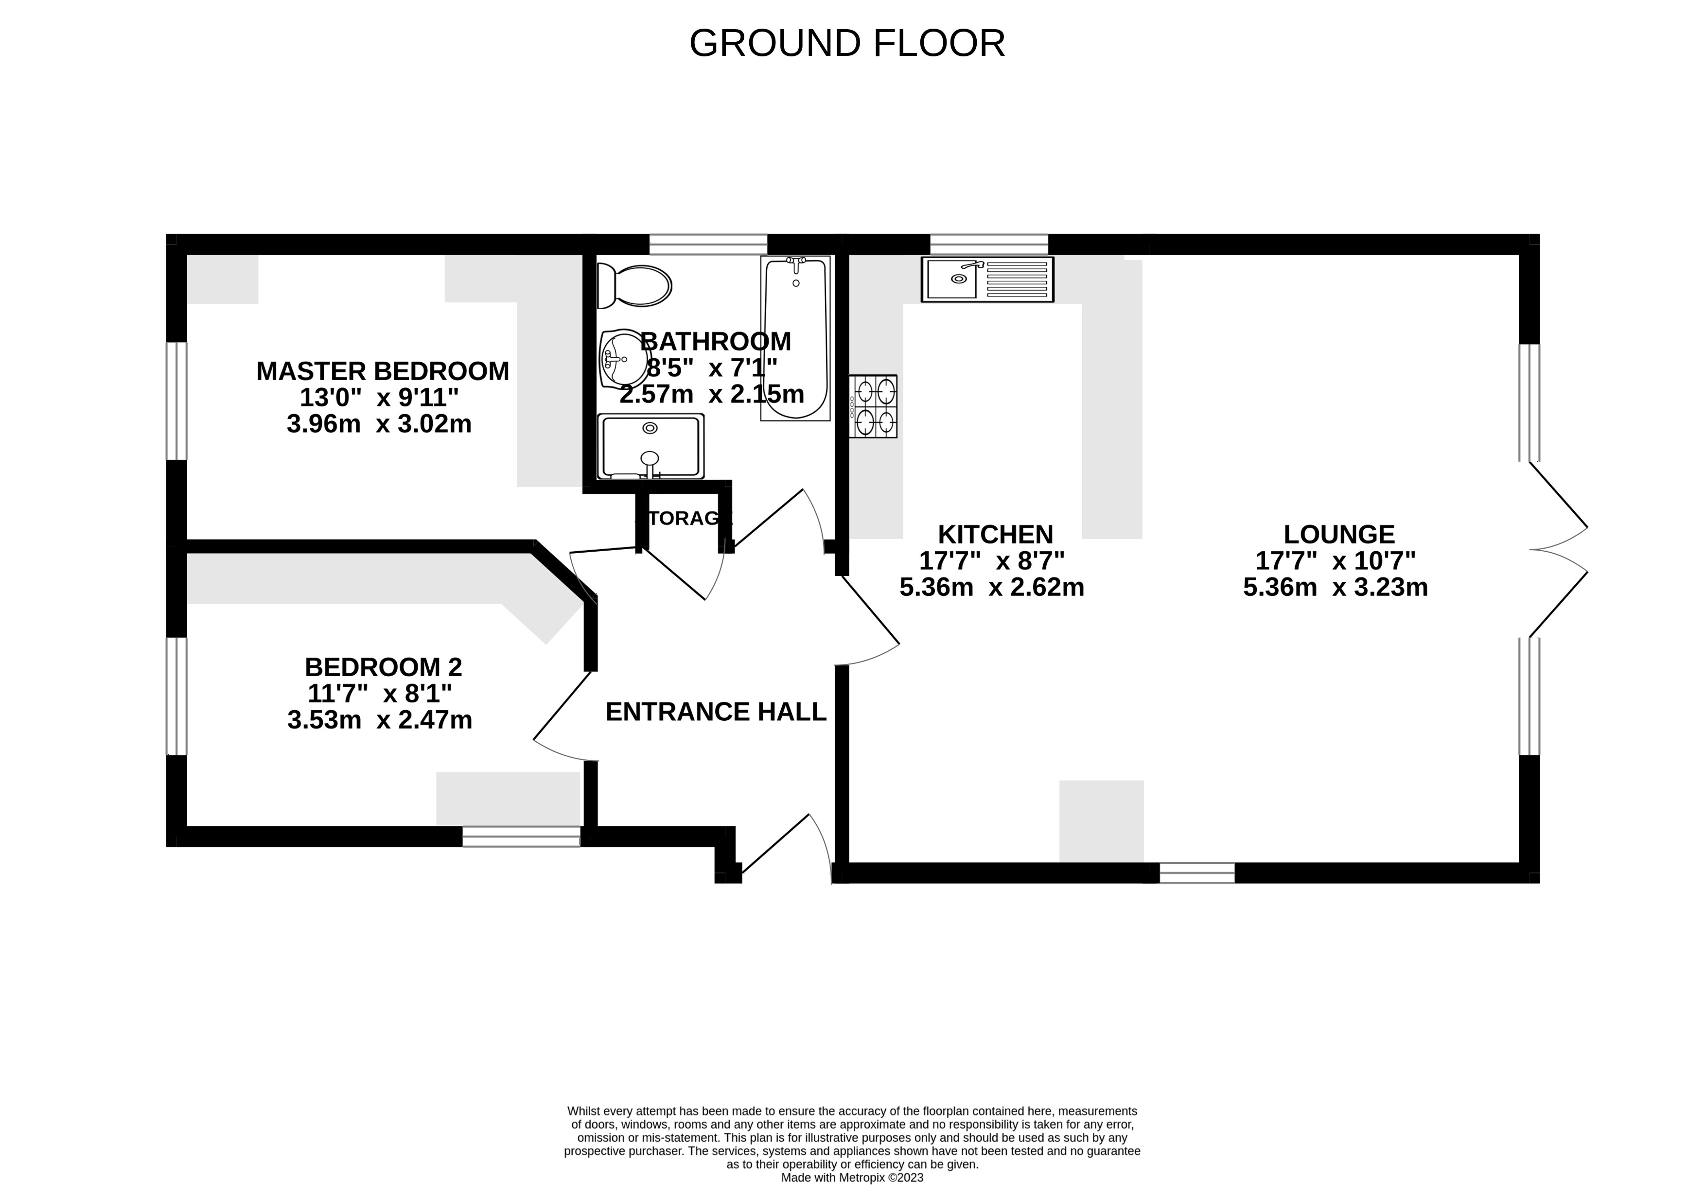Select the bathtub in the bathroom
click(794, 338)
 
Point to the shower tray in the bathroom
click(650, 446)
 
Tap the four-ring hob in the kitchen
click(875, 406)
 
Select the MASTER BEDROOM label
click(383, 371)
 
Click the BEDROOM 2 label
click(383, 667)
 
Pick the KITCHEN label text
click(995, 535)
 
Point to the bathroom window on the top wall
click(708, 244)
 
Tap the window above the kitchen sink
click(988, 244)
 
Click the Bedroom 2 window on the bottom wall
click(521, 837)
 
